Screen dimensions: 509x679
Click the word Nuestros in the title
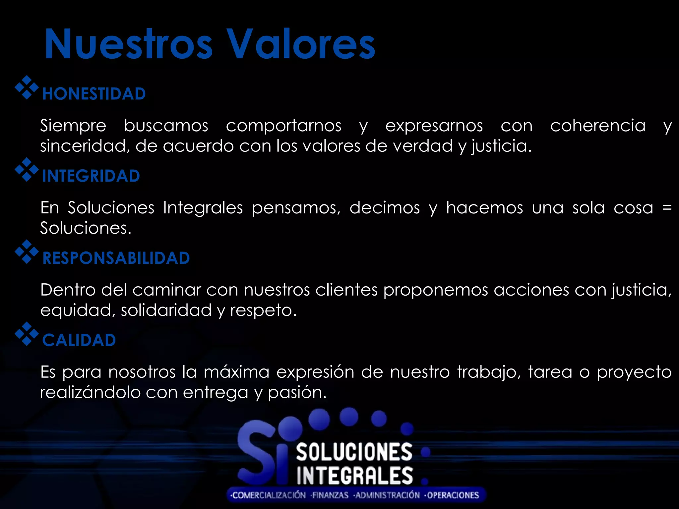pyautogui.click(x=128, y=44)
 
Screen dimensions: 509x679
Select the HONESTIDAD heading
pyautogui.click(x=94, y=94)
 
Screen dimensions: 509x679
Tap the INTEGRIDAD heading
pyautogui.click(x=91, y=176)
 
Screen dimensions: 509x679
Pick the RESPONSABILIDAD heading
pyautogui.click(x=116, y=258)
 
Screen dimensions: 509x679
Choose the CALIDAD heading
pyautogui.click(x=79, y=340)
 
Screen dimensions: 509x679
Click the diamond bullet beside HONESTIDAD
pyautogui.click(x=27, y=87)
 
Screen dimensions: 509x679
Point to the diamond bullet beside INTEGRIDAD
pyautogui.click(x=27, y=170)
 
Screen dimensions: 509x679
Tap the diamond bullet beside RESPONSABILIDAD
pyautogui.click(x=27, y=252)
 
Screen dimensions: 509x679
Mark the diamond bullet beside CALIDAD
pyautogui.click(x=27, y=334)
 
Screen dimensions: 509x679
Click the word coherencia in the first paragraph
pyautogui.click(x=598, y=126)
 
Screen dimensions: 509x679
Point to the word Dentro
pyautogui.click(x=68, y=290)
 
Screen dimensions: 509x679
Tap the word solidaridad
pyautogui.click(x=166, y=311)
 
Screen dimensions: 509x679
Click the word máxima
pyautogui.click(x=236, y=372)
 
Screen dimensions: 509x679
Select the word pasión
pyautogui.click(x=297, y=393)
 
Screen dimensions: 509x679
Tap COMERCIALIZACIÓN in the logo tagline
pyautogui.click(x=269, y=495)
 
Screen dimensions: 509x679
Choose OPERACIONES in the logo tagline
pyautogui.click(x=453, y=495)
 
